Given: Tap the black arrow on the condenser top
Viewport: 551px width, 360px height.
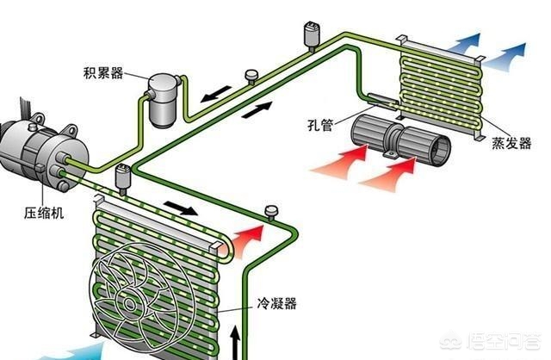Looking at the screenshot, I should [180, 208].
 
